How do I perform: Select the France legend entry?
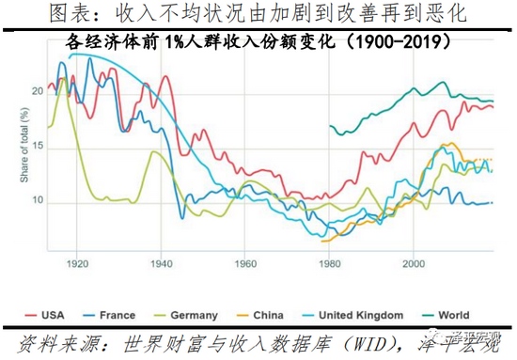(115, 315)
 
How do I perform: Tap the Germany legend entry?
(195, 315)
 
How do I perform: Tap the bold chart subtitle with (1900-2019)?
(258, 43)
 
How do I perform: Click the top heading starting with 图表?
(258, 14)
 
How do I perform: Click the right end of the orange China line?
(491, 160)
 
